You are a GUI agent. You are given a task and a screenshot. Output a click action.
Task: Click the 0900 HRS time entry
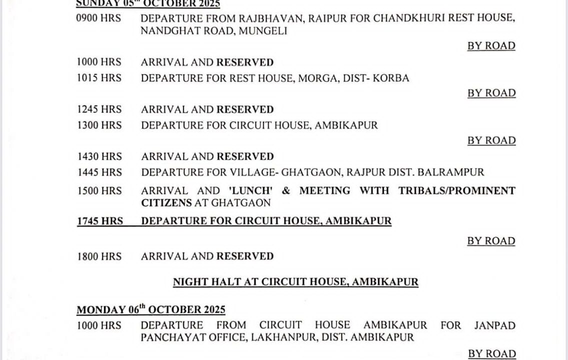98,18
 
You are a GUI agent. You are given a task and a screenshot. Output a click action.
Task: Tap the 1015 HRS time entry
99,78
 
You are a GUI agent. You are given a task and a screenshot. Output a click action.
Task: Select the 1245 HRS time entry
99,109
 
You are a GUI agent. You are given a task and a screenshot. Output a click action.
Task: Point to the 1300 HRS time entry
99,125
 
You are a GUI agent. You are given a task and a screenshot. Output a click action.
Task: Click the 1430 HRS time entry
99,156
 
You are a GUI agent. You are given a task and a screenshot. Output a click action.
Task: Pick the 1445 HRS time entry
99,172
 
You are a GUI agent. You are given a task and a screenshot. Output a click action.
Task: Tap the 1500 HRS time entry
99,191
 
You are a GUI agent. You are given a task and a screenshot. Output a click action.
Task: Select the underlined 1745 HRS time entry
99,221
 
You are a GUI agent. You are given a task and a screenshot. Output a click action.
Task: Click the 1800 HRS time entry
99,256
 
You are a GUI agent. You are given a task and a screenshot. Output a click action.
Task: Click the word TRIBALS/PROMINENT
456,191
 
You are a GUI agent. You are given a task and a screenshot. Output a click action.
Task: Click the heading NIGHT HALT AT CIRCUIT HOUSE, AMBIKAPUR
295,282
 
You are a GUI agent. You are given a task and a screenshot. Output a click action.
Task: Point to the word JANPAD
494,325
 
